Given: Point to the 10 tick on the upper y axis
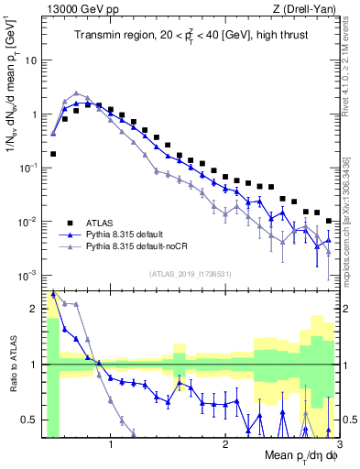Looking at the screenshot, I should pos(29,60).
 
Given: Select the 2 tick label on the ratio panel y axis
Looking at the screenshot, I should pos(34,309).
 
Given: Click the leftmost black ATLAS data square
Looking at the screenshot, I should pos(53,154).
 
